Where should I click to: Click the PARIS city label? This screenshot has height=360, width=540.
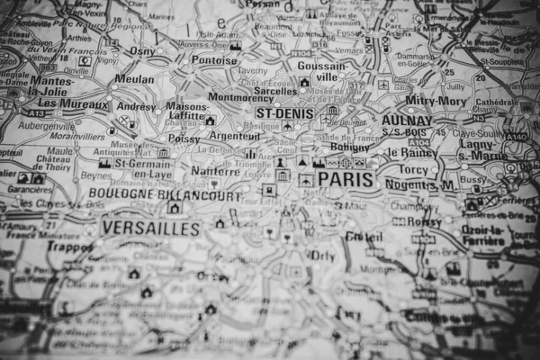345,180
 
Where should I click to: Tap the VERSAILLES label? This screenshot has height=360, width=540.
150,229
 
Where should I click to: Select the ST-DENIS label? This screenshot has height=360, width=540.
285,113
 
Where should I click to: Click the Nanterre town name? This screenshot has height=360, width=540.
215,171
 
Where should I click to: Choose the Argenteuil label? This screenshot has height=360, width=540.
235,136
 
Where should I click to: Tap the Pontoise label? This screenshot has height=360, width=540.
214,61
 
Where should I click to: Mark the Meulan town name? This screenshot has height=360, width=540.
134,79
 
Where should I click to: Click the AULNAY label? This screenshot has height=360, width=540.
406,120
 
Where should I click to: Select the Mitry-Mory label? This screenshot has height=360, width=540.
435,101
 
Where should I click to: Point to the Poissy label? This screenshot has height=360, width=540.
184,139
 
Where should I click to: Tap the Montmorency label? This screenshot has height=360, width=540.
240,97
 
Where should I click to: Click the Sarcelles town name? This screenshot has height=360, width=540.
275,91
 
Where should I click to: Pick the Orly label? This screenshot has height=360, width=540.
322,255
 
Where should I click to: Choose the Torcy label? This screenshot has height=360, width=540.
414,168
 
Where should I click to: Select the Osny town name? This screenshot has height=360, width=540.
143,51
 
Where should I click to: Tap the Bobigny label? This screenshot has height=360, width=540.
349,146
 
